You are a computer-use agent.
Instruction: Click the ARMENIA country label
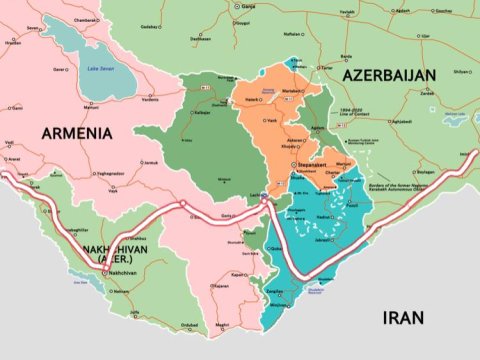[74, 132]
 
